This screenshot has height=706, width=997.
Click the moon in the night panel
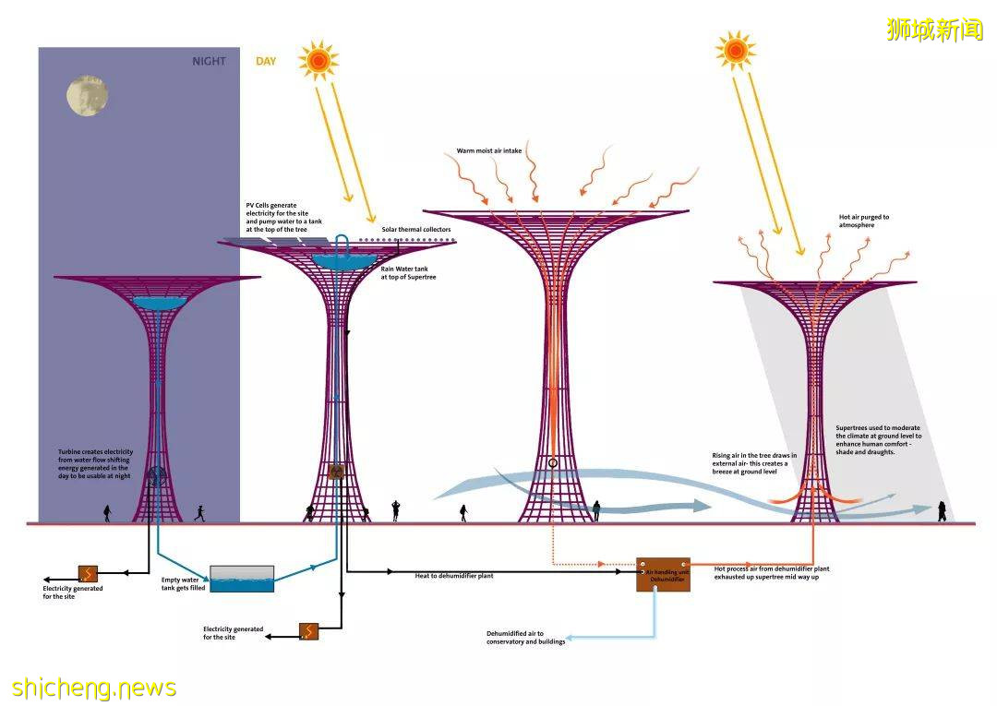click(x=87, y=96)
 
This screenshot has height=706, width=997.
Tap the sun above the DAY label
click(x=318, y=61)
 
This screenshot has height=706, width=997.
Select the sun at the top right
click(x=736, y=51)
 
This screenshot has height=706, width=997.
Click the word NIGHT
click(x=209, y=62)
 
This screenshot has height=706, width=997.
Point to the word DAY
click(x=266, y=62)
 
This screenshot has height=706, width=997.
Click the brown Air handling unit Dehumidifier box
click(x=663, y=574)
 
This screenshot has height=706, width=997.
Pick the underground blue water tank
click(x=242, y=579)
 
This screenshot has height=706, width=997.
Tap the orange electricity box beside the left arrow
click(x=89, y=573)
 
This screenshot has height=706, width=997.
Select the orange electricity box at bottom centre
click(x=308, y=631)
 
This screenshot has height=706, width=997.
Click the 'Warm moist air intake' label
click(x=495, y=150)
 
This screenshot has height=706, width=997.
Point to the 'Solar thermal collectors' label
click(x=416, y=229)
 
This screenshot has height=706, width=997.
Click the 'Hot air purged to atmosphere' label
click(x=864, y=221)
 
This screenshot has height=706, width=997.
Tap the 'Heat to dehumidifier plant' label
click(x=454, y=576)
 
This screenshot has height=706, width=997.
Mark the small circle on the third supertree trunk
click(x=552, y=463)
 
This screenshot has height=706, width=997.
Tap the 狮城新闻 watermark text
click(x=934, y=30)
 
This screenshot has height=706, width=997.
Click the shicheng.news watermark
click(x=94, y=688)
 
